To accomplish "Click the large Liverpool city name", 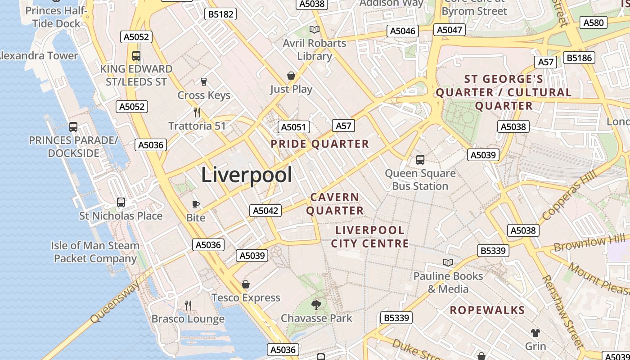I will [247, 175].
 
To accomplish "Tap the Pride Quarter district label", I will [319, 144].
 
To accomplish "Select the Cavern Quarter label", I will [335, 204].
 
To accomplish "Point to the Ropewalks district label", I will [487, 310].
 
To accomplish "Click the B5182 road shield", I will [220, 14].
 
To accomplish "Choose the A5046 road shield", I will [403, 31].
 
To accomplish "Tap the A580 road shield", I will [594, 22].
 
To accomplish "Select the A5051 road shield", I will [293, 127].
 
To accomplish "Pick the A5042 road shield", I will [265, 210].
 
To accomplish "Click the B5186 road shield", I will [580, 58].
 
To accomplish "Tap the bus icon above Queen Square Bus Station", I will [420, 159].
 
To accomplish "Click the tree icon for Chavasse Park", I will [316, 305].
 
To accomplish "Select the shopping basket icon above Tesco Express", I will [246, 284].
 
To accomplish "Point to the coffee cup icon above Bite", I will [196, 205].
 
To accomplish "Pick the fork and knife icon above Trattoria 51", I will [197, 112].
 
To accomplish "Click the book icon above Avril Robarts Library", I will [315, 30].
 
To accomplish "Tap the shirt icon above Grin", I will [535, 333].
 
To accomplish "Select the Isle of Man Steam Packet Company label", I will [95, 252].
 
